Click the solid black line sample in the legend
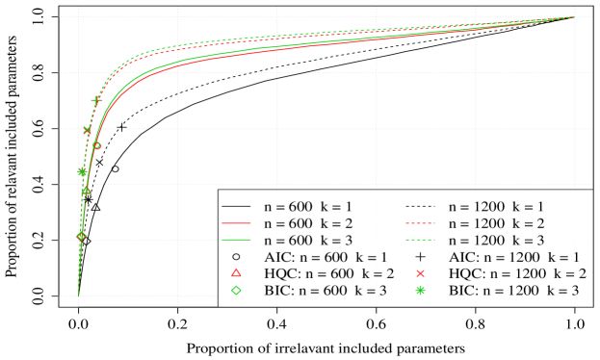coord(237,206)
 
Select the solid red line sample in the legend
coord(237,222)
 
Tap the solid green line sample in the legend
coord(237,240)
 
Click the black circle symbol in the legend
coord(237,257)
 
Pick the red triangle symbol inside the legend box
coord(237,273)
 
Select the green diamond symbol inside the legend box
coord(237,291)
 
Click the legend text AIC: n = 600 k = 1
coord(326,257)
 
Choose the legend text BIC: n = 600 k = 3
coord(326,291)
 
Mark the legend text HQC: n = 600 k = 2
coord(326,273)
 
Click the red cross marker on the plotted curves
coord(89,130)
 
